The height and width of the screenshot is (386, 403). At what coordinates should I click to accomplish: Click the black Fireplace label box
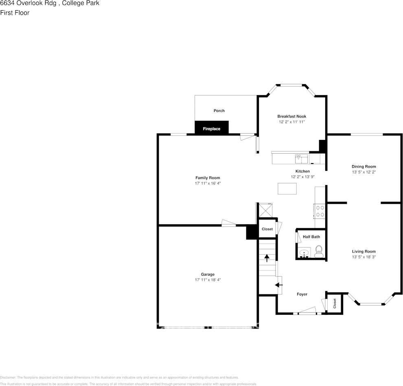click(211, 128)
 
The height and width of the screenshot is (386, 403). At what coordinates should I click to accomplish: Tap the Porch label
click(219, 111)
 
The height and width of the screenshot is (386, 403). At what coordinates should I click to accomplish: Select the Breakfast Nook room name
click(291, 116)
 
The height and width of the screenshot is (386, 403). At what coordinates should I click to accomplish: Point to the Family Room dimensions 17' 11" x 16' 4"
click(208, 183)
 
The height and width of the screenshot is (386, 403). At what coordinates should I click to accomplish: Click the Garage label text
click(208, 274)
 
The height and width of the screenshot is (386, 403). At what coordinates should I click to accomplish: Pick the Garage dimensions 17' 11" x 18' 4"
click(208, 280)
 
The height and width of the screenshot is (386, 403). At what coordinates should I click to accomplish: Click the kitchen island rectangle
click(287, 189)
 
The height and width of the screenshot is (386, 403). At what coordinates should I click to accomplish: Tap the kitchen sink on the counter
click(302, 157)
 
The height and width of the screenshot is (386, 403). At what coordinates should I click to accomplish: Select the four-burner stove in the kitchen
click(320, 211)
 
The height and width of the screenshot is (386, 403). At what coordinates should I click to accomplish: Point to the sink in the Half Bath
click(304, 254)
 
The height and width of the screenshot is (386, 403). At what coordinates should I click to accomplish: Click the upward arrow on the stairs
click(267, 257)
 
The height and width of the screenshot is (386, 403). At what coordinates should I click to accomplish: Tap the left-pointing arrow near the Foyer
click(279, 285)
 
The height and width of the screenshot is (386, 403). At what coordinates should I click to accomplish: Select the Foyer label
click(302, 294)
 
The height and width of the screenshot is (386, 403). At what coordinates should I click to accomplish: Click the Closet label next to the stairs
click(267, 229)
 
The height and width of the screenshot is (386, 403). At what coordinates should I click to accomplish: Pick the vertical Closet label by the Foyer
click(335, 303)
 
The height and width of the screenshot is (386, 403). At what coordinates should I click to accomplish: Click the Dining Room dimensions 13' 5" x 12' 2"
click(364, 172)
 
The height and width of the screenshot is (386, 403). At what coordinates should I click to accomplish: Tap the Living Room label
click(364, 251)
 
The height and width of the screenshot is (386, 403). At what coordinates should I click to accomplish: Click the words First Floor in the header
click(15, 13)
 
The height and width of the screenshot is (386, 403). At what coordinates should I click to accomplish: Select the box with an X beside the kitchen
click(267, 211)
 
